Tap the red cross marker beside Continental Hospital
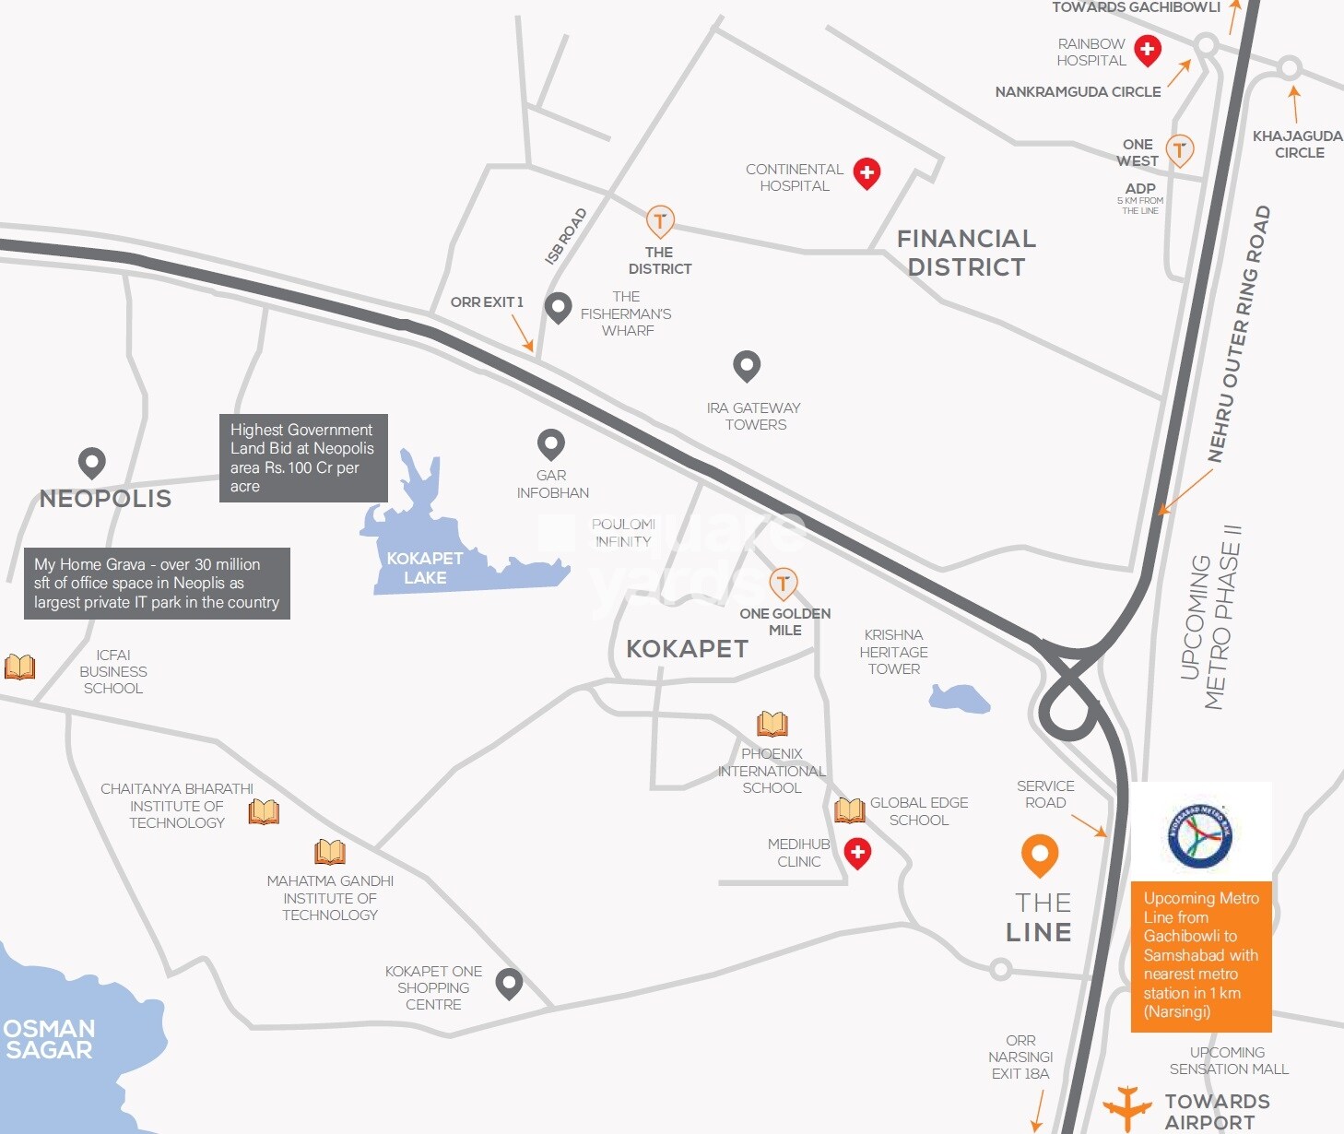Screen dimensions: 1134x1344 click(x=867, y=171)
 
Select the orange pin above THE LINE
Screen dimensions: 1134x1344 click(x=1040, y=855)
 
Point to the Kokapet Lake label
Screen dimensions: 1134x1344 click(x=424, y=568)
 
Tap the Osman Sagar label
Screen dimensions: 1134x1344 click(x=49, y=1039)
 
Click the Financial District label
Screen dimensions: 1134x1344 click(x=966, y=253)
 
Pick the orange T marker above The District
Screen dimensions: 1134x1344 click(x=659, y=221)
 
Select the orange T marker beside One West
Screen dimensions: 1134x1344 click(x=1180, y=148)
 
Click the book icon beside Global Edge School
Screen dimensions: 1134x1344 click(x=849, y=810)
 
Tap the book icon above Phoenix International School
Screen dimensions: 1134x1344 click(x=772, y=724)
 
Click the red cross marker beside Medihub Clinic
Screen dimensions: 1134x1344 click(x=857, y=853)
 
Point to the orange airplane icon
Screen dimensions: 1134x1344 click(x=1126, y=1106)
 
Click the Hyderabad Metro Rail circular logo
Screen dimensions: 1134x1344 click(x=1199, y=834)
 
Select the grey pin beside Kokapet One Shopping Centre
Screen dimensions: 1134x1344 click(x=509, y=983)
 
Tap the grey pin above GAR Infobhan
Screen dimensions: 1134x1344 click(x=551, y=444)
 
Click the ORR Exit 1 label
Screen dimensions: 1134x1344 click(x=487, y=302)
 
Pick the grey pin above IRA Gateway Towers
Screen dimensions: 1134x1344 click(x=747, y=365)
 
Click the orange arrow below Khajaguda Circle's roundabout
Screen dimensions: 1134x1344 click(x=1295, y=103)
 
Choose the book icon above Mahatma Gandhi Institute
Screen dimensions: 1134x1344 click(x=330, y=851)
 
